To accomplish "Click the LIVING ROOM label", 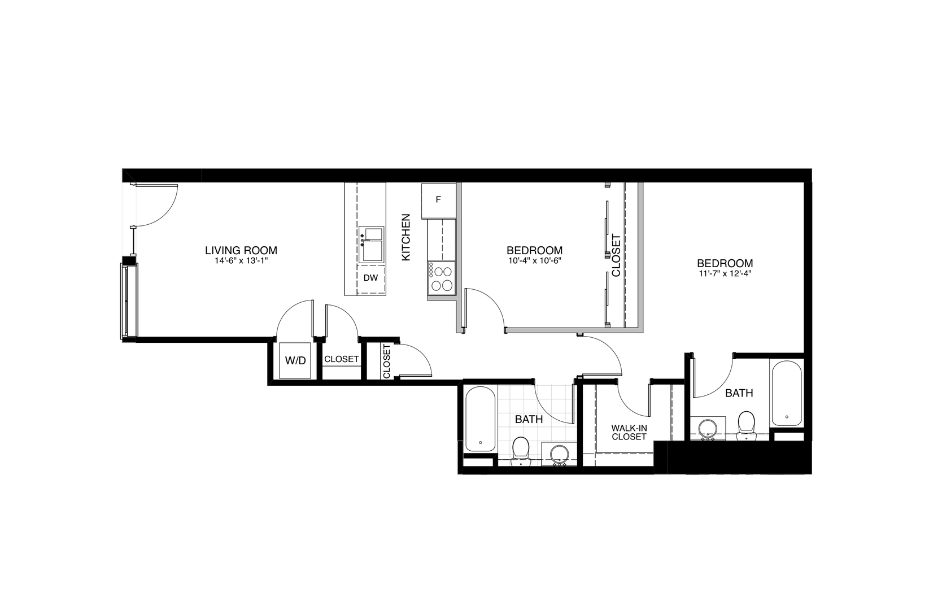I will [241, 250].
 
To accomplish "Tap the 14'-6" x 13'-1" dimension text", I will [241, 261].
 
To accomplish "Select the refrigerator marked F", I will [438, 200].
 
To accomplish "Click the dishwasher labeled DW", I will [370, 278].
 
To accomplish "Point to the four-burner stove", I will [441, 277].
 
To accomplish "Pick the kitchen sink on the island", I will [372, 245].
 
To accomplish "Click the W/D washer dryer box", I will [295, 360].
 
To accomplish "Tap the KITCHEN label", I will [405, 237].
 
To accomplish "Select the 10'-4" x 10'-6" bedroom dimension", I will [534, 261].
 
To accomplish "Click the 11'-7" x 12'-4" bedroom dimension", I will [725, 274].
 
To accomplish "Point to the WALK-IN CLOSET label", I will [629, 433].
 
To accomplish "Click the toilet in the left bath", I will [520, 450].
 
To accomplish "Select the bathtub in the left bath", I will [480, 419].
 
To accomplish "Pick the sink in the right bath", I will [707, 428].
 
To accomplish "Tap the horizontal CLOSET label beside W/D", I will [341, 359].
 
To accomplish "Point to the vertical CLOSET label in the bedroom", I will [616, 255].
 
